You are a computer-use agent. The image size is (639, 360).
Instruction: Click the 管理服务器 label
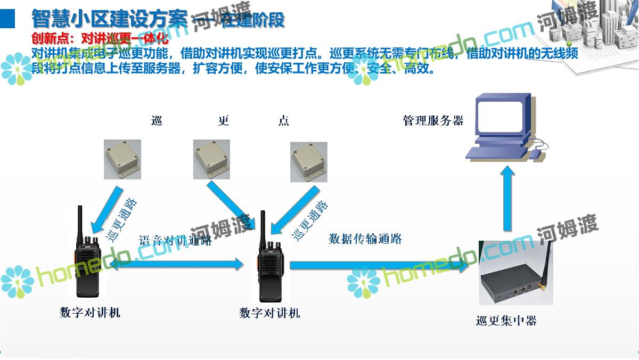[x=433, y=120]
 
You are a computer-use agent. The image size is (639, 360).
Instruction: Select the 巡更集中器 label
[x=506, y=321]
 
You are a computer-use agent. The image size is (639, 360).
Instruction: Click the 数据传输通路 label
[x=365, y=239]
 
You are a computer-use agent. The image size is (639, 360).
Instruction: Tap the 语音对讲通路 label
[x=175, y=240]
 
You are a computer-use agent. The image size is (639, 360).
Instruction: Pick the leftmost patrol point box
[x=122, y=160]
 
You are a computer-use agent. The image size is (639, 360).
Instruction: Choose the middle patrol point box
[x=211, y=160]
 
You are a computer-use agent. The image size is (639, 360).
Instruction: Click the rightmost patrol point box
[x=309, y=162]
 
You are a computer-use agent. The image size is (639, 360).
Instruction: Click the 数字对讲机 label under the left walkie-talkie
[x=90, y=312]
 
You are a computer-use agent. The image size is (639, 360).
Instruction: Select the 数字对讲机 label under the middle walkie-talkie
[x=269, y=313]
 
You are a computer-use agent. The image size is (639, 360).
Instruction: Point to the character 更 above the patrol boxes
[x=224, y=121]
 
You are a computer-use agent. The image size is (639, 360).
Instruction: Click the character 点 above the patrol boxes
[x=284, y=121]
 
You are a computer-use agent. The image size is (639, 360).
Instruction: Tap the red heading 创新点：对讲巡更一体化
[x=100, y=38]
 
